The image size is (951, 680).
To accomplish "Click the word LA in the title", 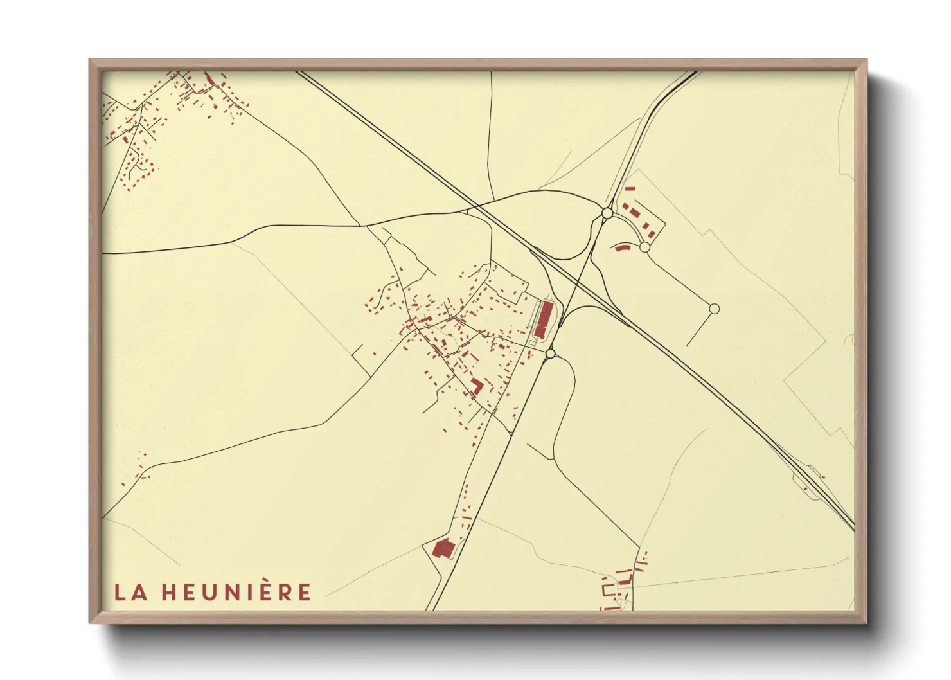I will pos(131,592).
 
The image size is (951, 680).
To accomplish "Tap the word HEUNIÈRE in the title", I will pos(236,592).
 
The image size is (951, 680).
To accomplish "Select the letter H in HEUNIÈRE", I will pos(169,592).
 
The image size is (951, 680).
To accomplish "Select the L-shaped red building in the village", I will pos(476,386).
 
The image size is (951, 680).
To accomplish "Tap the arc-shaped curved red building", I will pos(621,247).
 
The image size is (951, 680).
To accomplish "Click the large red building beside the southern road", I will pos(443,548).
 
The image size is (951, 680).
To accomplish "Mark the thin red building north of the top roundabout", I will pos(630,189).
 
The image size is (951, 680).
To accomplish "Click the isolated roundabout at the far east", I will pos(713,309).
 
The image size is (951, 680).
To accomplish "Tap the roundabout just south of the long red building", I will pos(550,353).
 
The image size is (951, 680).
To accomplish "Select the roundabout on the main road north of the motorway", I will pos(607,213).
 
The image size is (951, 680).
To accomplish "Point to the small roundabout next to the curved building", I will pos(644,247).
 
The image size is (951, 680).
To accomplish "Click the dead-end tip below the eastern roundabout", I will pos(687,346).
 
